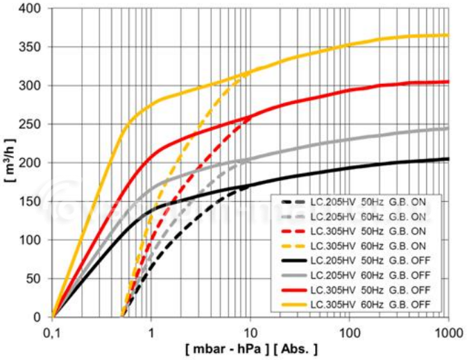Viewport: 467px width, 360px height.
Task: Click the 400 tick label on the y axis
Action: [29, 8]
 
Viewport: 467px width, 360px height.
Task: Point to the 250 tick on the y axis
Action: [29, 124]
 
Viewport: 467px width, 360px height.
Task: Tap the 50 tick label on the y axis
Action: [33, 279]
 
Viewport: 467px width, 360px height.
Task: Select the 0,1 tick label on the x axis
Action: [53, 334]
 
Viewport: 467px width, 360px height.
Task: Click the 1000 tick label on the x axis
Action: [449, 334]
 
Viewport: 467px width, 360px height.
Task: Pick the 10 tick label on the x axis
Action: [251, 334]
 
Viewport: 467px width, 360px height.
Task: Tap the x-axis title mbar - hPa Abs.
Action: [251, 349]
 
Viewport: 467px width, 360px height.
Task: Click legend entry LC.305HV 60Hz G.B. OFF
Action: [356, 305]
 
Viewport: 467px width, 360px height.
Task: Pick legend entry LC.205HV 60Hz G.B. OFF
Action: [356, 275]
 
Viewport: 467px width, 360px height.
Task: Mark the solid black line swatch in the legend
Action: [294, 261]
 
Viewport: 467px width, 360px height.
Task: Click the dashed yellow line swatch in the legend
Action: [294, 246]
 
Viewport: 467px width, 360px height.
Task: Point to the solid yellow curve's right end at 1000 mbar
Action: [448, 36]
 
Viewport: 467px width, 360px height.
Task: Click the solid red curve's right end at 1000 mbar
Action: [448, 82]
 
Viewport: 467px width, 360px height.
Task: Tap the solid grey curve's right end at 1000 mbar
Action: [448, 128]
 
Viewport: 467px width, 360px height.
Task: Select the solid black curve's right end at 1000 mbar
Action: [448, 159]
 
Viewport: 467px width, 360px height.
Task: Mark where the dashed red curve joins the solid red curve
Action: [248, 118]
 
